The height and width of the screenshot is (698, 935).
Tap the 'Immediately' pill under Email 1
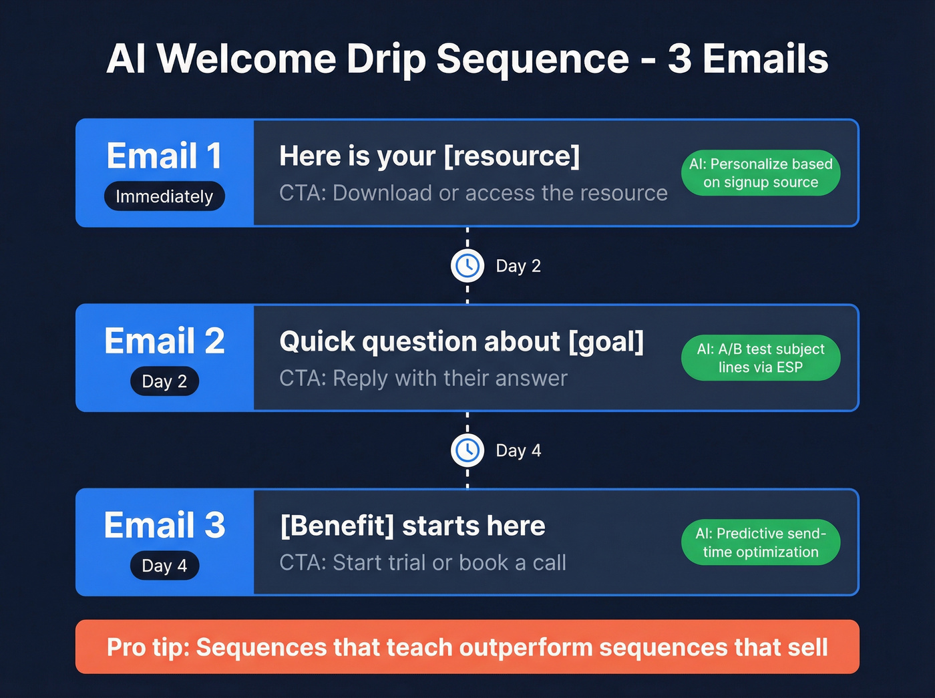point(164,196)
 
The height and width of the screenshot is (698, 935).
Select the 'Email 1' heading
point(164,156)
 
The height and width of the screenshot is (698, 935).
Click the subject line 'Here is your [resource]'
point(429,156)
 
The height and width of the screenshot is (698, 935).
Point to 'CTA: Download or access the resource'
point(473,193)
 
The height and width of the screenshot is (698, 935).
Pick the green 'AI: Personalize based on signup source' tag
point(760,173)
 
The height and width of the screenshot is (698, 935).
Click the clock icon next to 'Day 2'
point(467,266)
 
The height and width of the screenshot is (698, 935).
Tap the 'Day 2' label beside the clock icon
point(518,266)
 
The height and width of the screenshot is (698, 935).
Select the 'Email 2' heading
point(164,341)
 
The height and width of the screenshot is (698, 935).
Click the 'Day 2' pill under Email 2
point(164,381)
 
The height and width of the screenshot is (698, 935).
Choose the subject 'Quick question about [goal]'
point(461,341)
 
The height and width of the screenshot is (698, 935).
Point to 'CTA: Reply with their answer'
point(423,378)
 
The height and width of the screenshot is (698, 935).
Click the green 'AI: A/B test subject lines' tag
point(760,358)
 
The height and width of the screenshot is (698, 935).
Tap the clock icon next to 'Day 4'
point(467,450)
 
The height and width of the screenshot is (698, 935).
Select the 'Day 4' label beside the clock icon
point(518,451)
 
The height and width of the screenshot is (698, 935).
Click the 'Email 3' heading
point(164,526)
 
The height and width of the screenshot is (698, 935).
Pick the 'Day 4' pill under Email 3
point(164,566)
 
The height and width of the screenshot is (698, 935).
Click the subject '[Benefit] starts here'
point(412,526)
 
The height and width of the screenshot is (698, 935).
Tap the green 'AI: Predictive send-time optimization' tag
point(760,542)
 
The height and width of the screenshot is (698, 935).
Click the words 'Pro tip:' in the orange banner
point(148,647)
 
